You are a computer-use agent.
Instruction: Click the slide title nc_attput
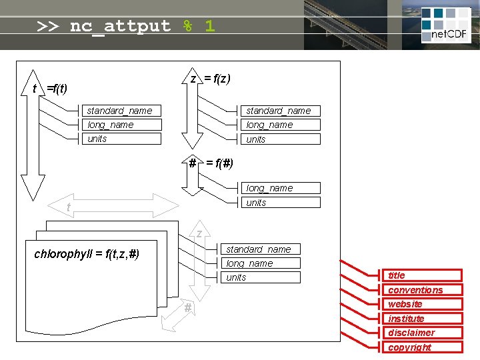coord(126,26)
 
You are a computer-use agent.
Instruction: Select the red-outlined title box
coord(425,275)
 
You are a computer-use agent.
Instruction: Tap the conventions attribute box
coord(425,290)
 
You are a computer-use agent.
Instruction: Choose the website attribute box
coord(425,304)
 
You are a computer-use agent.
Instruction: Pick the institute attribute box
coord(425,319)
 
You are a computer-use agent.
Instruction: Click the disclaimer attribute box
coord(425,333)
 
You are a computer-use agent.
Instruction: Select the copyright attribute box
coord(425,347)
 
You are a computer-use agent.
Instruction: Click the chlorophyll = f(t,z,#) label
coord(87,254)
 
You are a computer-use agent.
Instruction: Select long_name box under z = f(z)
coord(280,125)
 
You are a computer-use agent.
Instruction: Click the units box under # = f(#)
coord(280,203)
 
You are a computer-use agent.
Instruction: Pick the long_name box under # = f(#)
coord(280,188)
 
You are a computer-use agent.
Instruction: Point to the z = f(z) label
coord(211,79)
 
